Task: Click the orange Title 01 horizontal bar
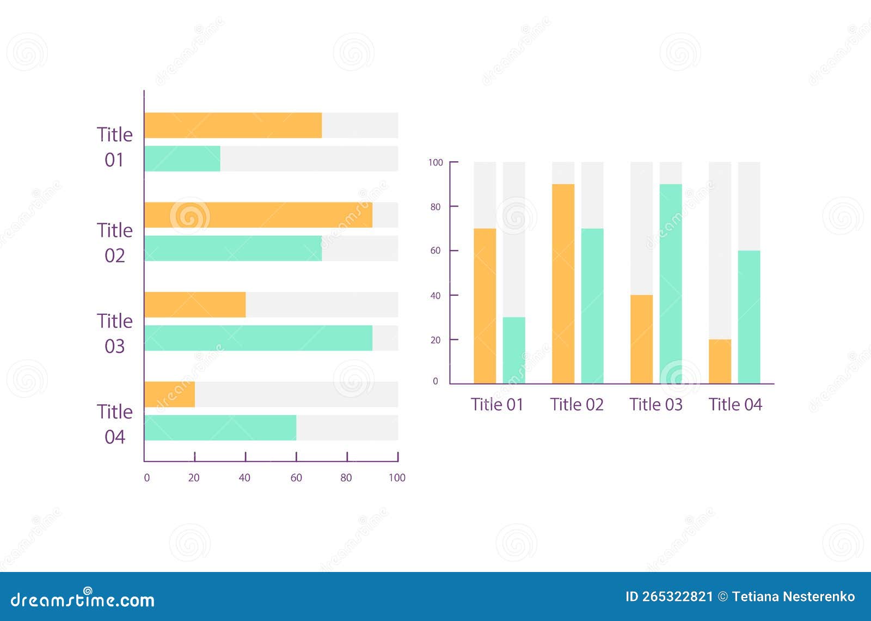(233, 125)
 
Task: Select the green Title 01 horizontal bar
(182, 159)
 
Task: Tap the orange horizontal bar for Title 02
(259, 215)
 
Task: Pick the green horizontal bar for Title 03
(259, 338)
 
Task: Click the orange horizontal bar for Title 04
(170, 394)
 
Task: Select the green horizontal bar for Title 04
(220, 428)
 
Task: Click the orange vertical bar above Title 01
(484, 306)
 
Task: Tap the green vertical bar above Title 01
(514, 350)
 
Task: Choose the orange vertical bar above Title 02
(563, 283)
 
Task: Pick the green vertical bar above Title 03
(671, 283)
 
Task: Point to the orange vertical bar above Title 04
(720, 361)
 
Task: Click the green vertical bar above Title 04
(749, 317)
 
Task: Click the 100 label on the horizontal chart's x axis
(397, 478)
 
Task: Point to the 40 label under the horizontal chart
(244, 478)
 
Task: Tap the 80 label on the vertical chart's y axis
(436, 207)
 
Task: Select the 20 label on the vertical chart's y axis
(436, 340)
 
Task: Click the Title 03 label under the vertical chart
(656, 405)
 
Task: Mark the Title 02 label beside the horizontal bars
(115, 243)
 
